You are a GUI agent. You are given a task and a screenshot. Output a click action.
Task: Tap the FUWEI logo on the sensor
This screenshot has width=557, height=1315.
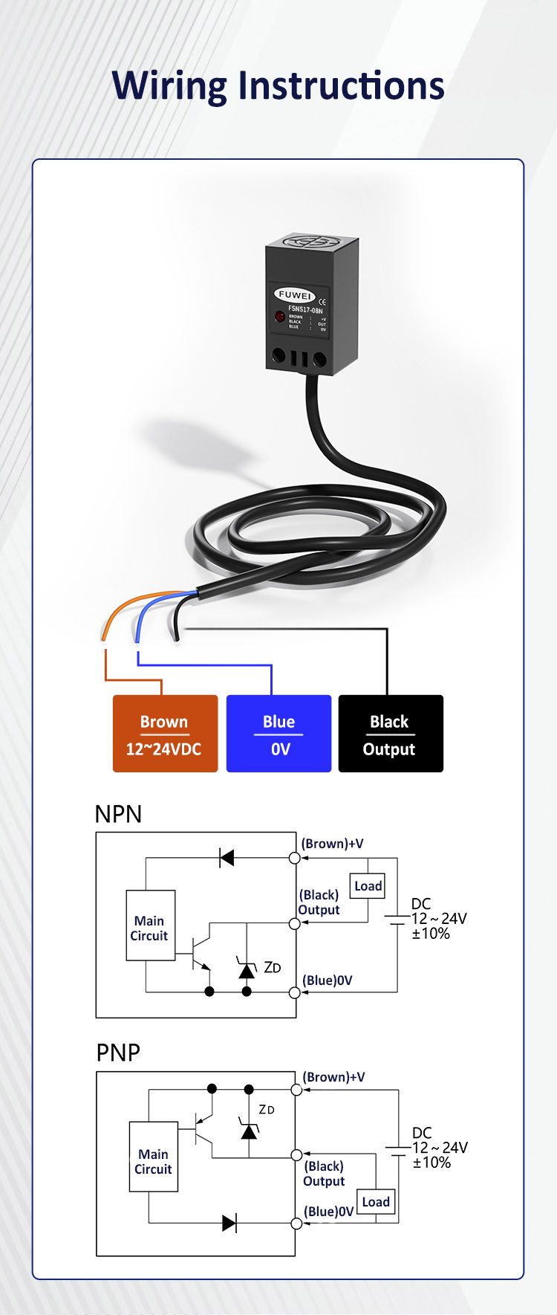[x=295, y=294]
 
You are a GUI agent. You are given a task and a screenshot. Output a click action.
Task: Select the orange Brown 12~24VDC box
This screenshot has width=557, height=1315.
[x=165, y=734]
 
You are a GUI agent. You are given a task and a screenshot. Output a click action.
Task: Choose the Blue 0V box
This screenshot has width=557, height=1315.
[x=278, y=734]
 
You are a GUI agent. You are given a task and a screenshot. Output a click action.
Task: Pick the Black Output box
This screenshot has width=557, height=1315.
[x=391, y=734]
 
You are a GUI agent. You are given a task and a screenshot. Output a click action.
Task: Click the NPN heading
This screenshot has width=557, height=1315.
[x=118, y=814]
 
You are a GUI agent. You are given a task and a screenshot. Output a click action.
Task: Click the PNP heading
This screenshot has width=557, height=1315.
[x=118, y=1053]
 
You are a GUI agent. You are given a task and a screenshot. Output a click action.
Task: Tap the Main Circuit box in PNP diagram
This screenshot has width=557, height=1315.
[x=153, y=1160]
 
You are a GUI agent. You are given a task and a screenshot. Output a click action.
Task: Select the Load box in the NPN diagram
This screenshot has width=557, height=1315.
[x=368, y=886]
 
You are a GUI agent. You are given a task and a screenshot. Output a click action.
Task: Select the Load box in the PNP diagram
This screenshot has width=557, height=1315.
[x=376, y=1202]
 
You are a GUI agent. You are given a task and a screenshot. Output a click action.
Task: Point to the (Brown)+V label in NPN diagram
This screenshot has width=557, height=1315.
[x=333, y=844]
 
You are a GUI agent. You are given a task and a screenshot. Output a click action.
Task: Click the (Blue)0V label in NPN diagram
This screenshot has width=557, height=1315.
[x=328, y=980]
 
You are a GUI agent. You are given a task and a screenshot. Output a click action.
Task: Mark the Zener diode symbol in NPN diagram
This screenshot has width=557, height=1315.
[x=247, y=969]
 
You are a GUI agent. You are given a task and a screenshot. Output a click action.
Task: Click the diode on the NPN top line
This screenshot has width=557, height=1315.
[x=227, y=858]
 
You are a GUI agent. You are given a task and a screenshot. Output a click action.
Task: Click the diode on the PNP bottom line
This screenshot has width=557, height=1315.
[x=229, y=1223]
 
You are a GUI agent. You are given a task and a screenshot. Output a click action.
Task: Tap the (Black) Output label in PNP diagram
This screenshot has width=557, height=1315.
[x=324, y=1174]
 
